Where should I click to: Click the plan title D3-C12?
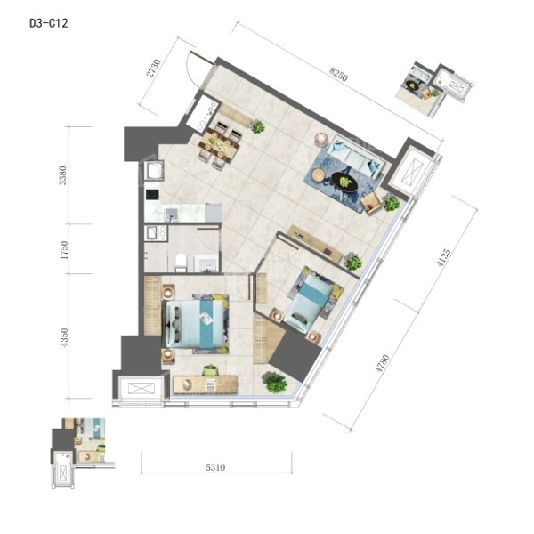[x=49, y=23]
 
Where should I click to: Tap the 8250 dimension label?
[x=338, y=75]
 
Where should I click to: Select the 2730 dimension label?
[x=153, y=69]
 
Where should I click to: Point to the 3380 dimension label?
[x=62, y=175]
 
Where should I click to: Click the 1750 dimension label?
[x=64, y=249]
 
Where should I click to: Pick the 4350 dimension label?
[x=64, y=337]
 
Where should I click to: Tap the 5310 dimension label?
[x=215, y=467]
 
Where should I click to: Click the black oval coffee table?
[x=345, y=182]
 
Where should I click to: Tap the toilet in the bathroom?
[x=181, y=263]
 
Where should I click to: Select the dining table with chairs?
[x=218, y=145]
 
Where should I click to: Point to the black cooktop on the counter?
[x=152, y=194]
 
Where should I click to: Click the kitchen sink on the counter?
[x=172, y=214]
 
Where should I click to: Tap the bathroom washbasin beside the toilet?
[x=206, y=264]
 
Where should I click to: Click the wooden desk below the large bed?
[x=206, y=384]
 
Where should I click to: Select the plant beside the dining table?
[x=258, y=126]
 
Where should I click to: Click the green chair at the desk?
[x=211, y=370]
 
